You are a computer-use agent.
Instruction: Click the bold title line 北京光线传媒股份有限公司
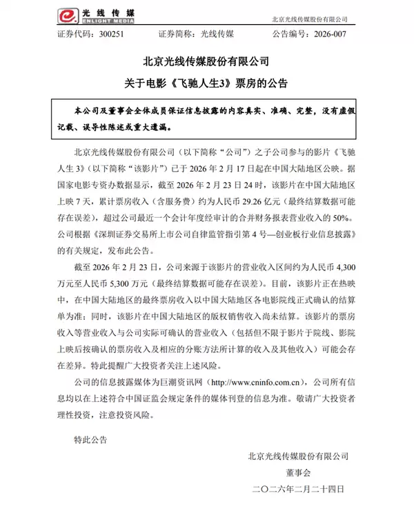207,62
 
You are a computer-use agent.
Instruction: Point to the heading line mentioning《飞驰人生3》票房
207,83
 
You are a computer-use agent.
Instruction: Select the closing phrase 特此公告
90,439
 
